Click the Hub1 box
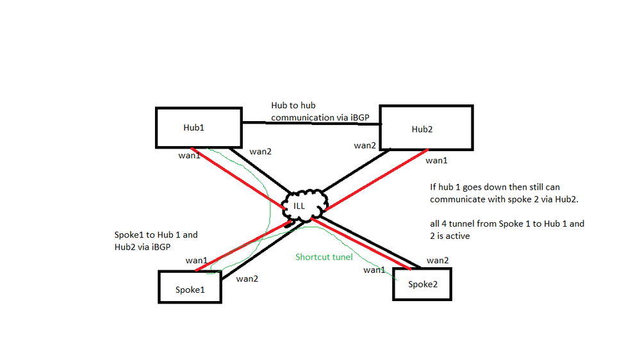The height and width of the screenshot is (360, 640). click(198, 127)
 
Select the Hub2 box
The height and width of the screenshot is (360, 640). click(426, 128)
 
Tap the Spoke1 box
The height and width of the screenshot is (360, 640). click(190, 288)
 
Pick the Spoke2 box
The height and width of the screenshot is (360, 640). click(423, 284)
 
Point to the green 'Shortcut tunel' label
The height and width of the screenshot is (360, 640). click(324, 257)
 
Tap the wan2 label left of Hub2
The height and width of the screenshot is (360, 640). click(365, 145)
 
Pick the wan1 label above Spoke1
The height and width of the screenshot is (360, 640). click(196, 260)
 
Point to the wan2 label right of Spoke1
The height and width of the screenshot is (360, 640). click(247, 279)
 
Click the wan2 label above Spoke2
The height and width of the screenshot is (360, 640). click(438, 260)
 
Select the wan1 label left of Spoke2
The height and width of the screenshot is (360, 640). click(375, 270)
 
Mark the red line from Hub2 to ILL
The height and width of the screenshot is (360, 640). click(378, 180)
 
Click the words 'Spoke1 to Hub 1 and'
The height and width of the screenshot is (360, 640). click(155, 235)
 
